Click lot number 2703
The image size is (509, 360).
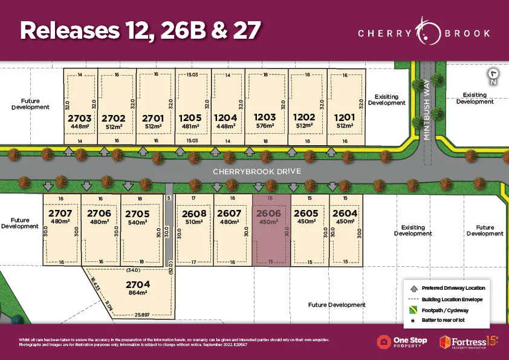[80, 118]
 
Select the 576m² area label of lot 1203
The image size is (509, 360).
[265, 126]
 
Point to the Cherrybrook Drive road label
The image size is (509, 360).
[256, 172]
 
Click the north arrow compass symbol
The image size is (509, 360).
[494, 76]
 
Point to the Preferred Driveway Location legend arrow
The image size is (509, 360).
[412, 287]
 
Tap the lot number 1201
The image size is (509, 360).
[344, 118]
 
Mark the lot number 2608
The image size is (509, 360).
[195, 213]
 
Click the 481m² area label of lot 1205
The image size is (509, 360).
[190, 126]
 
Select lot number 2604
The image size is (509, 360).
[345, 213]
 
